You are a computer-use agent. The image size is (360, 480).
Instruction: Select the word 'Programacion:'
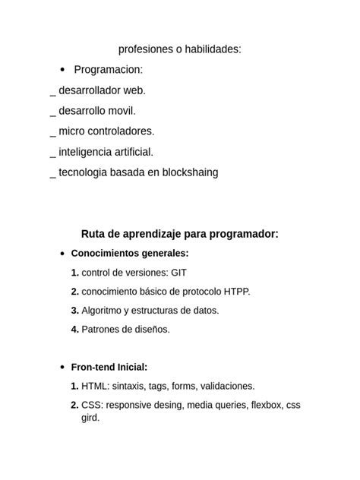pyautogui.click(x=108, y=70)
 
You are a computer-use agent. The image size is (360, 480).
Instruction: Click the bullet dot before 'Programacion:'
pyautogui.click(x=62, y=70)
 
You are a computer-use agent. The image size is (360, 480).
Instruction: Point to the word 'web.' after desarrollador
pyautogui.click(x=134, y=90)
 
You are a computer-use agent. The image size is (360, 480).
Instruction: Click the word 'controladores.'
pyautogui.click(x=122, y=131)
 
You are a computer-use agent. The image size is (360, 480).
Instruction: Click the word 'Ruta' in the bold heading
pyautogui.click(x=95, y=234)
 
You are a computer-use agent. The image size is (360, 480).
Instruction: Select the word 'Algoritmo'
pyautogui.click(x=104, y=310)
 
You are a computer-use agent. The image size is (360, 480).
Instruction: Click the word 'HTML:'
pyautogui.click(x=96, y=386)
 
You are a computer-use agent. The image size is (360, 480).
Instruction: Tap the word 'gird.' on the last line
pyautogui.click(x=90, y=417)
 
